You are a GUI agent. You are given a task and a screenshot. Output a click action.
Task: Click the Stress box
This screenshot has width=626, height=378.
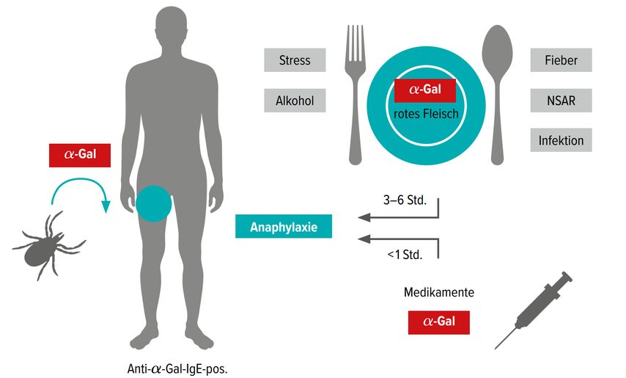tap(295, 60)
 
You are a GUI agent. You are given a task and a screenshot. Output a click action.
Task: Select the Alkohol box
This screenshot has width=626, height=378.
tap(295, 101)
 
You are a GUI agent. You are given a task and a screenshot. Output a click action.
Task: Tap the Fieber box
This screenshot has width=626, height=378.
tap(561, 60)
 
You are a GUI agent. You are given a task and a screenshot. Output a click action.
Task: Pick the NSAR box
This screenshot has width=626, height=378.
tap(561, 101)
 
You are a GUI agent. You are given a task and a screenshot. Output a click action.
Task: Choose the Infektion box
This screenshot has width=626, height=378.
tap(561, 140)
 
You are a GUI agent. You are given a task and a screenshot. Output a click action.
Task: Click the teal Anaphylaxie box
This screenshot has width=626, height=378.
tap(284, 227)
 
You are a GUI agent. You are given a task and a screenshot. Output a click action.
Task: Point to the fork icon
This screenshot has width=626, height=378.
tap(355, 95)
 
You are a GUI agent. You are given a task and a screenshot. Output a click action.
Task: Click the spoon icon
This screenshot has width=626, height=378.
tap(497, 95)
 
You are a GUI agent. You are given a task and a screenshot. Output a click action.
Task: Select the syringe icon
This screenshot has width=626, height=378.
tap(534, 310)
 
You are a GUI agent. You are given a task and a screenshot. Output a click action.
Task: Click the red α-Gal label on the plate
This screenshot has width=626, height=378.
tap(425, 90)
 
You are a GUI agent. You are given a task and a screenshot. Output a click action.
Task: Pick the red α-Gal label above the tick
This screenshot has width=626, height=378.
tap(80, 155)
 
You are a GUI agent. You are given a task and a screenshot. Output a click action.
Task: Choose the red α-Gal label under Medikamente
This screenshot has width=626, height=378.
tap(439, 322)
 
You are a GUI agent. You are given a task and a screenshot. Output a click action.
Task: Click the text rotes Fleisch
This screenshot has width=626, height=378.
tap(426, 114)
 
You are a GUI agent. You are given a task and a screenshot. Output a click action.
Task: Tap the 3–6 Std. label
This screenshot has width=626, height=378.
tap(405, 200)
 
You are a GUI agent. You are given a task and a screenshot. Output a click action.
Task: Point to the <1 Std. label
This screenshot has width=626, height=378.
tap(405, 255)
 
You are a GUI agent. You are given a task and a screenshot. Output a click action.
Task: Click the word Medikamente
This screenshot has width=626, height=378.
tap(439, 292)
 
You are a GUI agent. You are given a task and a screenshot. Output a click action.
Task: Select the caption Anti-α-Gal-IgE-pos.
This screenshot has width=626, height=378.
tap(177, 368)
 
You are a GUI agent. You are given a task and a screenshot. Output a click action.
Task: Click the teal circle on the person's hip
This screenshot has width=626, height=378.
tap(154, 204)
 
